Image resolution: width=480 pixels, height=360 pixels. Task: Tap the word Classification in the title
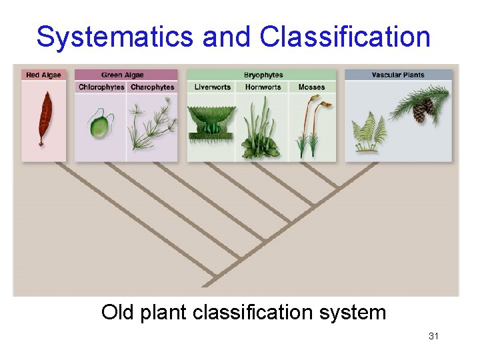coord(345,37)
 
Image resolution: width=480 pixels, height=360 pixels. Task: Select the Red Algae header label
coord(43,75)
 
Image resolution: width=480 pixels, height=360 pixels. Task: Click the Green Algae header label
coord(122,75)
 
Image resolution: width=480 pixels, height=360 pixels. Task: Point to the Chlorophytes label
coord(101,87)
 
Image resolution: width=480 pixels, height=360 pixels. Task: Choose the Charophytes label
coord(152,87)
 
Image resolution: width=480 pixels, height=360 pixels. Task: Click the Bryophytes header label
coord(263,75)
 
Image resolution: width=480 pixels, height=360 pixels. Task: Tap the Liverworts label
coord(212,87)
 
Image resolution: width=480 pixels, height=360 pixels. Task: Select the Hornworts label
coord(263,87)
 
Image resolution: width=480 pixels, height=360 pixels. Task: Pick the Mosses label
coord(311,87)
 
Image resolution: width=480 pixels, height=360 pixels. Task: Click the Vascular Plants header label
coord(398,75)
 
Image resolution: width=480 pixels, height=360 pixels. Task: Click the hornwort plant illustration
coord(262,133)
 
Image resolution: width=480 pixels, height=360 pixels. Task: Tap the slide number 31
coord(433,336)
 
